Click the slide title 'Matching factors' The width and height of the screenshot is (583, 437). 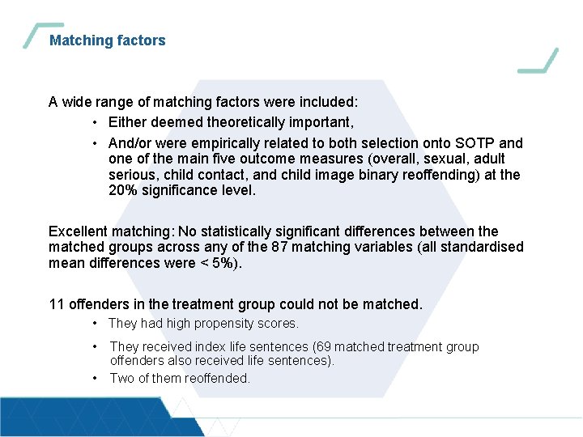[x=107, y=40]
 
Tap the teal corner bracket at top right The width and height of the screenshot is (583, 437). [x=540, y=62]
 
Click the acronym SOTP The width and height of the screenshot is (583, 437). [x=481, y=143]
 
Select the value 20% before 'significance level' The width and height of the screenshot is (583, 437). [x=124, y=191]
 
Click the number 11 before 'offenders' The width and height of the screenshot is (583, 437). [x=57, y=304]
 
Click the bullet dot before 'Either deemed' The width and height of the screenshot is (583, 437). [x=96, y=123]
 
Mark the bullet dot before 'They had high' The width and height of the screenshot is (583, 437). [x=96, y=324]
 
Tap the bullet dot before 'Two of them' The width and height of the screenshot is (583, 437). [x=96, y=378]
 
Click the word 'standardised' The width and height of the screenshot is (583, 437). [x=482, y=247]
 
